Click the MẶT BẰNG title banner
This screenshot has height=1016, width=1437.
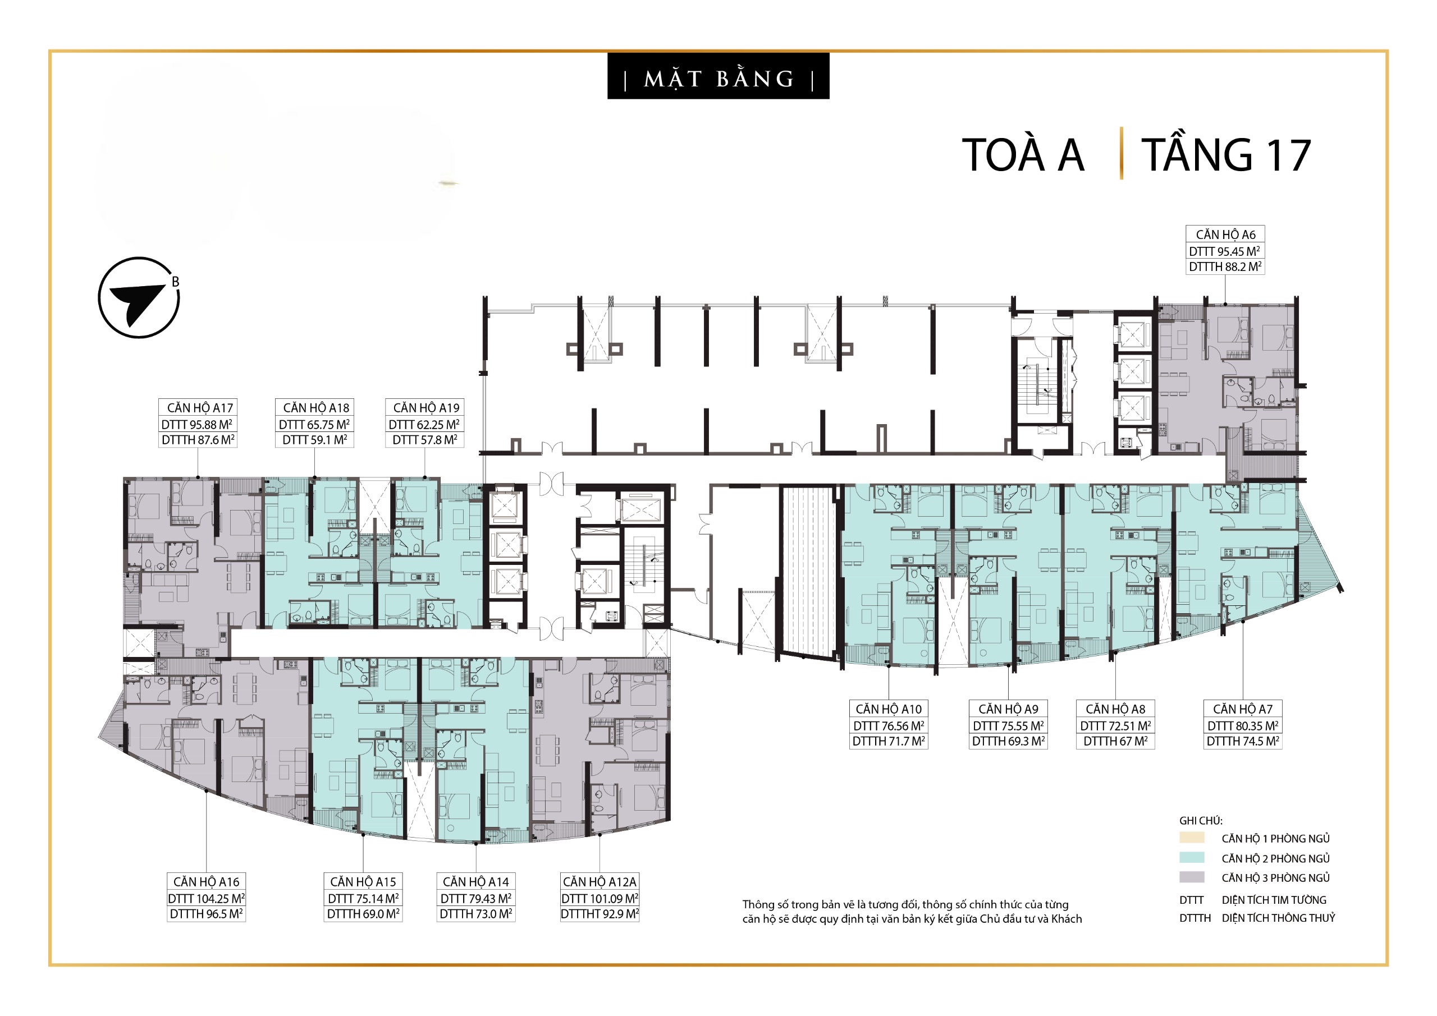[718, 76]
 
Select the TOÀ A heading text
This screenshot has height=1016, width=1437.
[1023, 155]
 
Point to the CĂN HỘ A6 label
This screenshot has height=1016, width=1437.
[1225, 235]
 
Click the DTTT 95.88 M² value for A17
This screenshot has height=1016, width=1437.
[197, 425]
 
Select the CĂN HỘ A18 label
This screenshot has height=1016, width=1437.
[315, 408]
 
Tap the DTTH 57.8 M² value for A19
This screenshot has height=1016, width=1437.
[425, 440]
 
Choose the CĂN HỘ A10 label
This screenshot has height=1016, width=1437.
[888, 709]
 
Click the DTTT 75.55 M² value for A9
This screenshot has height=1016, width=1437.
[1008, 726]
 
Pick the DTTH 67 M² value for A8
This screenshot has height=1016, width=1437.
[1115, 741]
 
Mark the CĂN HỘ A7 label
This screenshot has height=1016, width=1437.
[1242, 709]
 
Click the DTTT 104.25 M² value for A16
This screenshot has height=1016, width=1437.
[206, 898]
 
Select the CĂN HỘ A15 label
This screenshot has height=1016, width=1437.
[363, 881]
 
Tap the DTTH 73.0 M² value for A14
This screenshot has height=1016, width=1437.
[475, 914]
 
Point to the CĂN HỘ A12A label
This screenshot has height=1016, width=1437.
[599, 881]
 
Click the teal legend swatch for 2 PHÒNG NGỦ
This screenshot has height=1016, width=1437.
[1192, 858]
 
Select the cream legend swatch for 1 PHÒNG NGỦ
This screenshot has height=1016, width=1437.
[1192, 838]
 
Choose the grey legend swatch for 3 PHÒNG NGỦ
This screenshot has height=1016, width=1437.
[1192, 877]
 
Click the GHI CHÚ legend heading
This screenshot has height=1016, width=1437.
[1201, 821]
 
